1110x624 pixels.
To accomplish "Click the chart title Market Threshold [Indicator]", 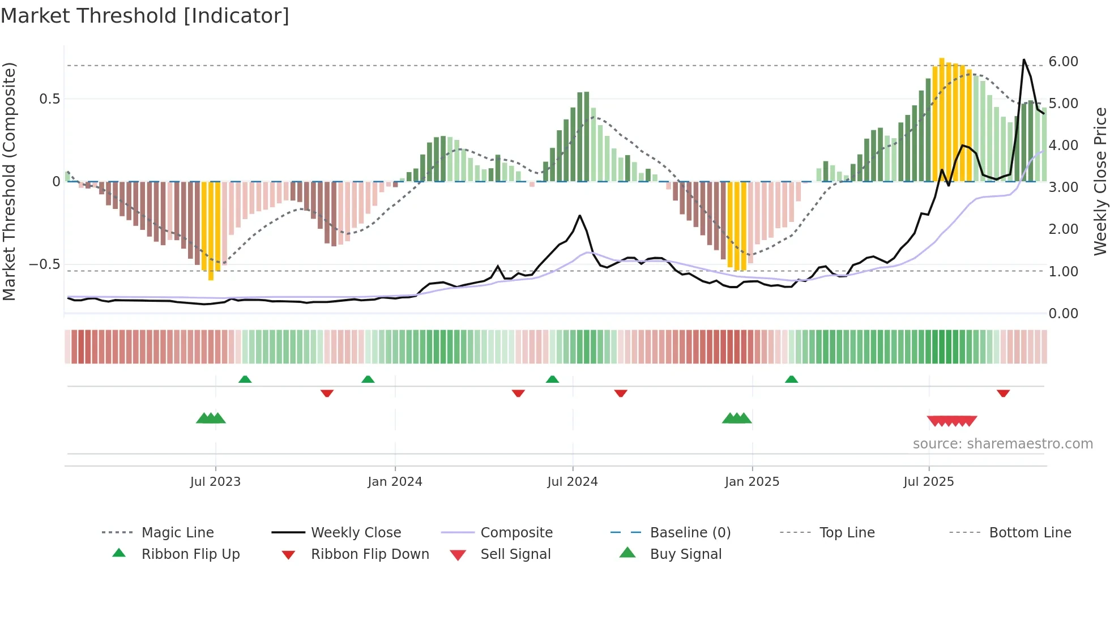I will click(x=145, y=16).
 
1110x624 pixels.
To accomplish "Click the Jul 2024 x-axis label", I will click(x=572, y=482).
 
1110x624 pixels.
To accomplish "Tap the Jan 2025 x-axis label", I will click(x=752, y=482).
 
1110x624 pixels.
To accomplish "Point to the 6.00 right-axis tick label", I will click(x=1063, y=62).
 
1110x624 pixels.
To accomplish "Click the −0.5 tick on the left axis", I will click(x=44, y=264).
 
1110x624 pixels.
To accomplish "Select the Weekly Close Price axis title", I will click(x=1100, y=181).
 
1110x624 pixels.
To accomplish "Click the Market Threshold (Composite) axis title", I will click(x=9, y=181).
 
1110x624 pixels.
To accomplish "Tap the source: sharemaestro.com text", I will click(x=1002, y=444).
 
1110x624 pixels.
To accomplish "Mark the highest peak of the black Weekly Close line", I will click(x=1023, y=59).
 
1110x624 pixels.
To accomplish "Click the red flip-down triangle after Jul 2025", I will click(x=1003, y=393).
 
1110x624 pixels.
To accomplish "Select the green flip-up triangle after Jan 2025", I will click(x=791, y=379).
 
